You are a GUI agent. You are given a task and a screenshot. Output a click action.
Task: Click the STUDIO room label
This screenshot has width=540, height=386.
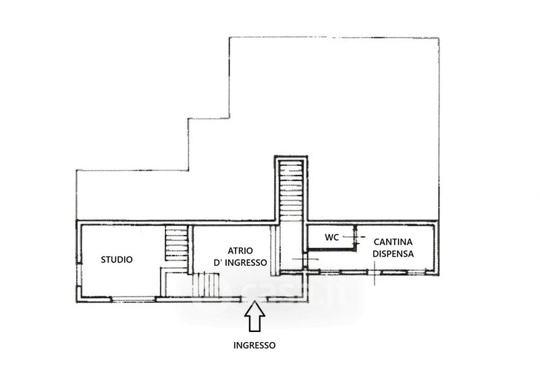[x=116, y=260]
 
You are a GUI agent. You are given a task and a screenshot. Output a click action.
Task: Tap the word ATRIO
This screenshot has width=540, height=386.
[x=240, y=250]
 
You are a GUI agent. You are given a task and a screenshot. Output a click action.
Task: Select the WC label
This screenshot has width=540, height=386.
[x=331, y=238]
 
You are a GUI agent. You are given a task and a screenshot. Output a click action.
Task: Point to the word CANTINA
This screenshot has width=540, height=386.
[x=393, y=242]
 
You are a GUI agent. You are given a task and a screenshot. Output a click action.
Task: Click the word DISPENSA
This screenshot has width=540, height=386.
[x=393, y=254]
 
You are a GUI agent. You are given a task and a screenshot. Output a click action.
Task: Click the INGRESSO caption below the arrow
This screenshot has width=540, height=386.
[x=254, y=346]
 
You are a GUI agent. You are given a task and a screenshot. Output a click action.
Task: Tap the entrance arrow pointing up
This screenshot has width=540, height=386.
[x=254, y=316]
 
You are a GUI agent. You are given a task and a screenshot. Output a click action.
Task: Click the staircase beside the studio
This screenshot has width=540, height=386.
[x=176, y=243]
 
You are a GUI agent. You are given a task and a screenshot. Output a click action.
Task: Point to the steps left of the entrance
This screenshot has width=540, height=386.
[x=206, y=284]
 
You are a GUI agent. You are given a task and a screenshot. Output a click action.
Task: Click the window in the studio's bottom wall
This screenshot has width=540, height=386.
[x=134, y=299]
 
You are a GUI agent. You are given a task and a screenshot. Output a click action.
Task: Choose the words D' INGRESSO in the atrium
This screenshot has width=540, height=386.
[x=240, y=263]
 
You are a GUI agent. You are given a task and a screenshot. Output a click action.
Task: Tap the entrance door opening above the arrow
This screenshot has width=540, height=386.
[x=254, y=300]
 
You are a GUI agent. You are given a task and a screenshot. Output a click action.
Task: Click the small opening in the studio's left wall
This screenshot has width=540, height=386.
[x=78, y=275]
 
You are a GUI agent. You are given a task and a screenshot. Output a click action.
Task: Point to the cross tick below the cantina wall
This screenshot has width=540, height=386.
[x=375, y=273]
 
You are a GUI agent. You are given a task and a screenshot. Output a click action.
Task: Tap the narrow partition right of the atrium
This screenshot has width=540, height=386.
[x=274, y=250]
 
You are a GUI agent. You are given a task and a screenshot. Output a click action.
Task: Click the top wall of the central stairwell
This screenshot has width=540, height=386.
[x=291, y=158]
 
